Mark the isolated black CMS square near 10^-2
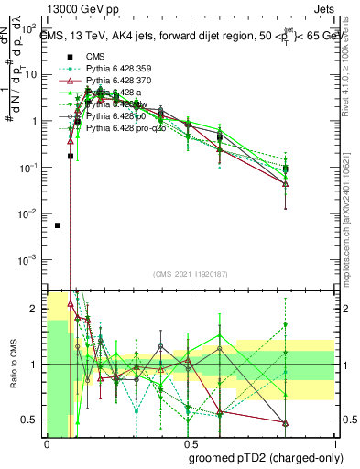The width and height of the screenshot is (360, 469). tap(58, 225)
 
